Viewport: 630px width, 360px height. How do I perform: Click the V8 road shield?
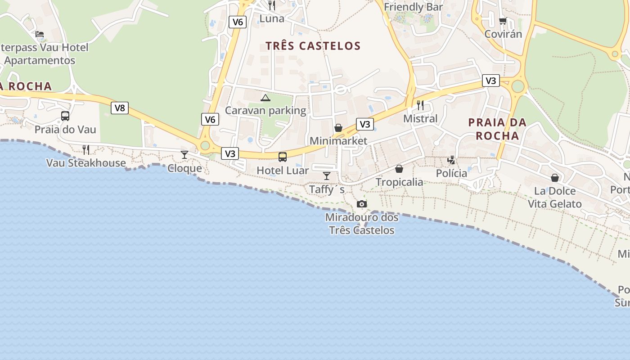click(120, 108)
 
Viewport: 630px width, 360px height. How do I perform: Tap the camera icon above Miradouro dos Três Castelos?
click(361, 204)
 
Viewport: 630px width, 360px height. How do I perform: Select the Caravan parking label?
click(265, 110)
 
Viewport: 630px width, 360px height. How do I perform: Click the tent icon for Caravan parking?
click(265, 98)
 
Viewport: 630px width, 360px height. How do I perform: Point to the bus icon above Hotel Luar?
click(283, 157)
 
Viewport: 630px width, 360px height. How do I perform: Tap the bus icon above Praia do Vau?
click(65, 116)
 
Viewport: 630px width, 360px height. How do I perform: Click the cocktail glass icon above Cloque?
click(184, 155)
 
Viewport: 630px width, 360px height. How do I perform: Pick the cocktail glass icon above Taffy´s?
click(327, 176)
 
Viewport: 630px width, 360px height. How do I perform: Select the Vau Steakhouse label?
click(86, 163)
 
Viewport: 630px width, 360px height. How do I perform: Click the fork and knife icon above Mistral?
click(420, 105)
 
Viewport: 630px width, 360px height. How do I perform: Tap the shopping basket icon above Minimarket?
click(338, 128)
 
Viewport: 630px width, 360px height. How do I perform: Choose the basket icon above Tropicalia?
click(399, 169)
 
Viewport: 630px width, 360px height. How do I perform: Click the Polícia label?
click(451, 173)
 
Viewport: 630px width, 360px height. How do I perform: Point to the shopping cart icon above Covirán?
click(503, 21)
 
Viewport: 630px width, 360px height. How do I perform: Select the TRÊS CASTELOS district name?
click(313, 46)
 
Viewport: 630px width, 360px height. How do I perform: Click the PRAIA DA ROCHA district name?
click(497, 129)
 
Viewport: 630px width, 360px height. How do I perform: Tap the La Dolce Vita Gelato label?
click(554, 197)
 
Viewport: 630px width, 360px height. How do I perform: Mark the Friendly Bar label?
click(413, 7)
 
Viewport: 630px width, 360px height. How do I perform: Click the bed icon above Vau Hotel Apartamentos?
click(40, 34)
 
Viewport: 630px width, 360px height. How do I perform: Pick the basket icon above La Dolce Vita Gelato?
click(555, 178)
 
